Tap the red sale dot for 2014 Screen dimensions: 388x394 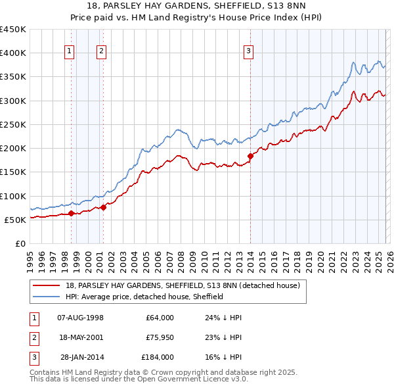pyautogui.click(x=250, y=156)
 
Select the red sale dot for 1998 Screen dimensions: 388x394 pyautogui.click(x=71, y=212)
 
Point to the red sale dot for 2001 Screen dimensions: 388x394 pyautogui.click(x=103, y=207)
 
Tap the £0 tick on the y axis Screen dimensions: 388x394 pyautogui.click(x=21, y=243)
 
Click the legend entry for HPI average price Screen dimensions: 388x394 pyautogui.click(x=144, y=297)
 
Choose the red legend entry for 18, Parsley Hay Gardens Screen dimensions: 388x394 pyautogui.click(x=183, y=285)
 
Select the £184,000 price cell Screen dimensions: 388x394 pyautogui.click(x=158, y=357)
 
